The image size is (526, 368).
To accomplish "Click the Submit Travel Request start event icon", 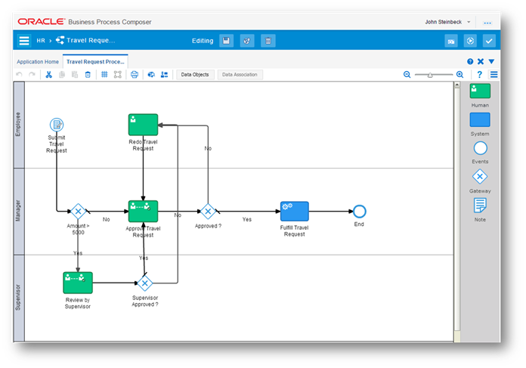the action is pyautogui.click(x=57, y=125).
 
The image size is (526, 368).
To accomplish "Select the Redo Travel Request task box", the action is pyautogui.click(x=143, y=125).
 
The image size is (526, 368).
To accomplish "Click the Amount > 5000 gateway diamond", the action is pyautogui.click(x=78, y=212).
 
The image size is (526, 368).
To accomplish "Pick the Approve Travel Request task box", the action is pyautogui.click(x=143, y=212).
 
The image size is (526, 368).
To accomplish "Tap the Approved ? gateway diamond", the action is pyautogui.click(x=208, y=212).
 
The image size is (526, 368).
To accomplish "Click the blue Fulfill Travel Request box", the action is pyautogui.click(x=295, y=212).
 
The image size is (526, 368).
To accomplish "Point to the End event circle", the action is pyautogui.click(x=359, y=212).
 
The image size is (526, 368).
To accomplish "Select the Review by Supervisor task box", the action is pyautogui.click(x=78, y=283).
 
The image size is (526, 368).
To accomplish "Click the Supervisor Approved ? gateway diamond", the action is pyautogui.click(x=145, y=283).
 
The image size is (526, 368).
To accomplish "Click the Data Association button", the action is pyautogui.click(x=240, y=75).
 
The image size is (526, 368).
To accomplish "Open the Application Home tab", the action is pyautogui.click(x=38, y=62).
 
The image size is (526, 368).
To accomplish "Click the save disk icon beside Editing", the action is pyautogui.click(x=227, y=41).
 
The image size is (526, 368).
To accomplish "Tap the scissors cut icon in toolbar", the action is pyautogui.click(x=49, y=75).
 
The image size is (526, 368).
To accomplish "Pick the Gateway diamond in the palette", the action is pyautogui.click(x=480, y=177).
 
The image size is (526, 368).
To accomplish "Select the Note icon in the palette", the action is pyautogui.click(x=480, y=206).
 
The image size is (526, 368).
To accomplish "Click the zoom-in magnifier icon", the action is pyautogui.click(x=460, y=75).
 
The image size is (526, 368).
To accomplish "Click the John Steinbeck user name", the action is pyautogui.click(x=444, y=22).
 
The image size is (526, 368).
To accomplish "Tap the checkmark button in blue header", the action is pyautogui.click(x=489, y=41).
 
